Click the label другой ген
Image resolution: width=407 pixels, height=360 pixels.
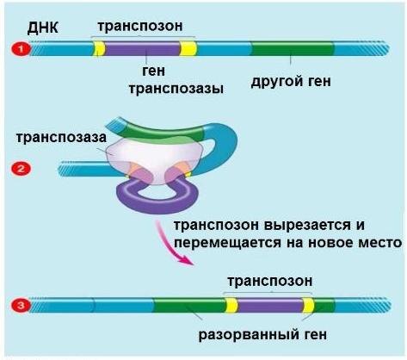(x=291, y=83)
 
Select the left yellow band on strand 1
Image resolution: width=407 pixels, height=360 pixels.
(x=99, y=48)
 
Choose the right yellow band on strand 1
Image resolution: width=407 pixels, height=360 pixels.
(x=188, y=48)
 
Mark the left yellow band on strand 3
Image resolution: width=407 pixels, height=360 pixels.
(x=231, y=305)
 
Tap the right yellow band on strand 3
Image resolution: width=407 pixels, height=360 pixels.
(x=307, y=305)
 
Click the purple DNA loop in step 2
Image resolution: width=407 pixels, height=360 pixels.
(x=151, y=203)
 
